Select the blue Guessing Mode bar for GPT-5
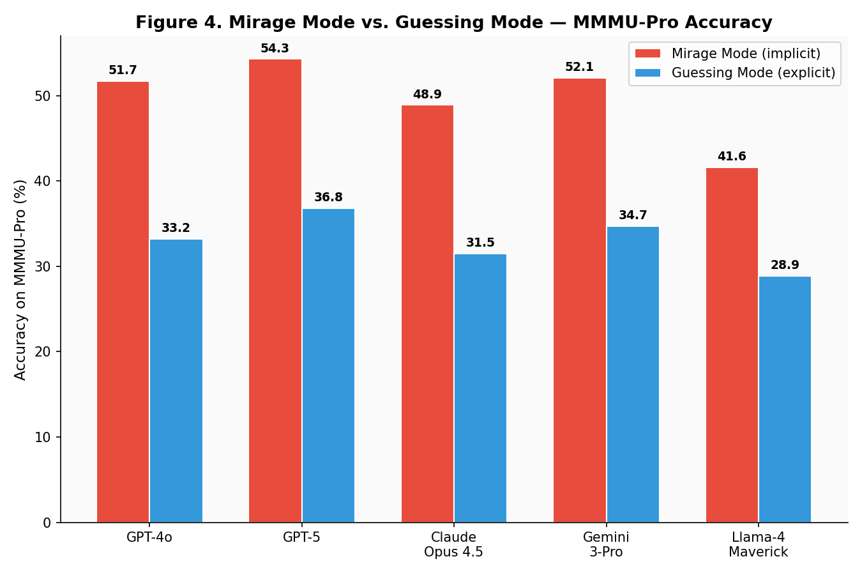[x=328, y=365]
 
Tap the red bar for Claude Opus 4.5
[x=427, y=314]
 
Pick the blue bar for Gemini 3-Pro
[x=633, y=374]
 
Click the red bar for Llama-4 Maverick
[x=732, y=345]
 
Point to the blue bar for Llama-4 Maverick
[x=785, y=399]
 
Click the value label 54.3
[x=275, y=49]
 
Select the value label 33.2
[x=176, y=228]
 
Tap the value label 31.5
[x=480, y=243]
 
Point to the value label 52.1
[x=579, y=67]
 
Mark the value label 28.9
[x=785, y=265]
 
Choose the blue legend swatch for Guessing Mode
[x=647, y=73]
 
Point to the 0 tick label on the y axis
[x=47, y=523]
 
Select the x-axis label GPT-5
[x=301, y=537]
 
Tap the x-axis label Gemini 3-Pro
[x=606, y=544]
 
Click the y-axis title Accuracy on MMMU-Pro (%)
[x=20, y=279]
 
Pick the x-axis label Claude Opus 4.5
[x=453, y=544]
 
